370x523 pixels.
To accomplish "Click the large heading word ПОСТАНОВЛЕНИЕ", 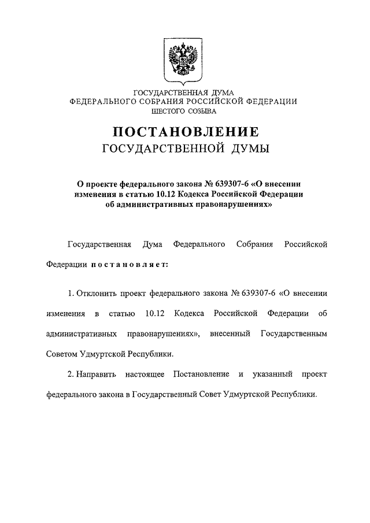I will point(185,132).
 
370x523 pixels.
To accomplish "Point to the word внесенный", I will point(230,334).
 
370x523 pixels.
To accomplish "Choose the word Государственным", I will point(294,334).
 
